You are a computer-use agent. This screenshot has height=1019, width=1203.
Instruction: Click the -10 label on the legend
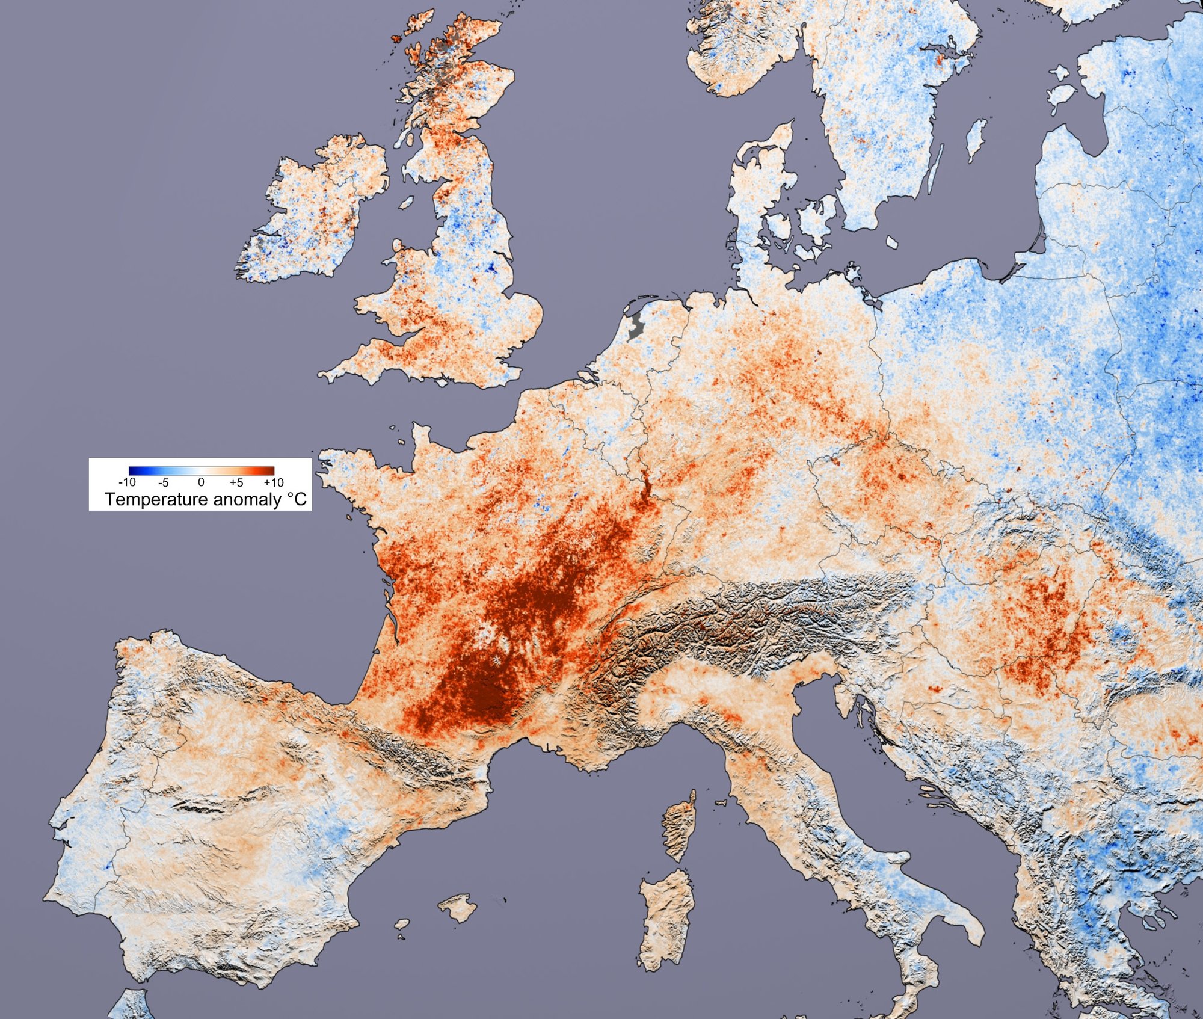[128, 482]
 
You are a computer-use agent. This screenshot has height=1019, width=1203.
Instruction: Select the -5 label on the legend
[163, 482]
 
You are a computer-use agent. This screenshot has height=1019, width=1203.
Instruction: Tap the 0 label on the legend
[201, 482]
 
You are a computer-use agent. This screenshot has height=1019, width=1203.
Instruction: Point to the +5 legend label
[236, 482]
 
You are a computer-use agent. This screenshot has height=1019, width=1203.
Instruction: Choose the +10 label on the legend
[274, 482]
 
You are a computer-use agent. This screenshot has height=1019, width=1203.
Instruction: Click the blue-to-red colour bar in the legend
[202, 471]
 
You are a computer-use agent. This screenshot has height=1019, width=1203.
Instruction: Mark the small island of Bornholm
[892, 242]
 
